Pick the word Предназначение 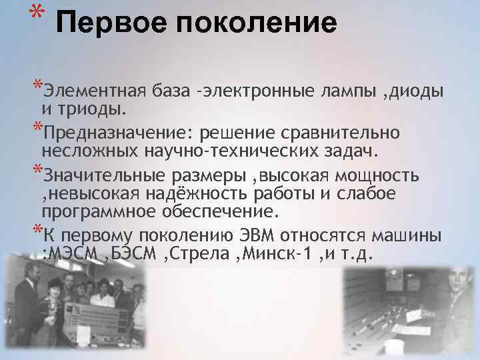[x=106, y=132]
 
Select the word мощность [x=380, y=175]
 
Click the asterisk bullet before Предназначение [x=37, y=128]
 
